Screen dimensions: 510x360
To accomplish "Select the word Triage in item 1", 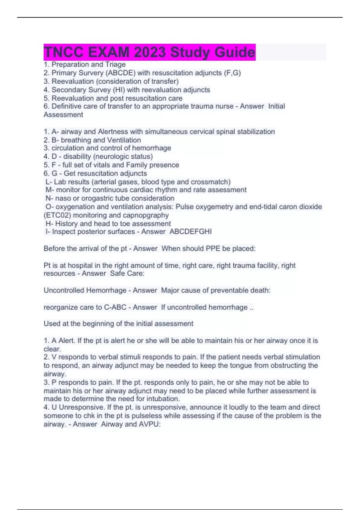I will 115,64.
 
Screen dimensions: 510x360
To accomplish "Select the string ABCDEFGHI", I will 190,232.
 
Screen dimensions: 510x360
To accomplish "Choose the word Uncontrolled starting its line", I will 64,290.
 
